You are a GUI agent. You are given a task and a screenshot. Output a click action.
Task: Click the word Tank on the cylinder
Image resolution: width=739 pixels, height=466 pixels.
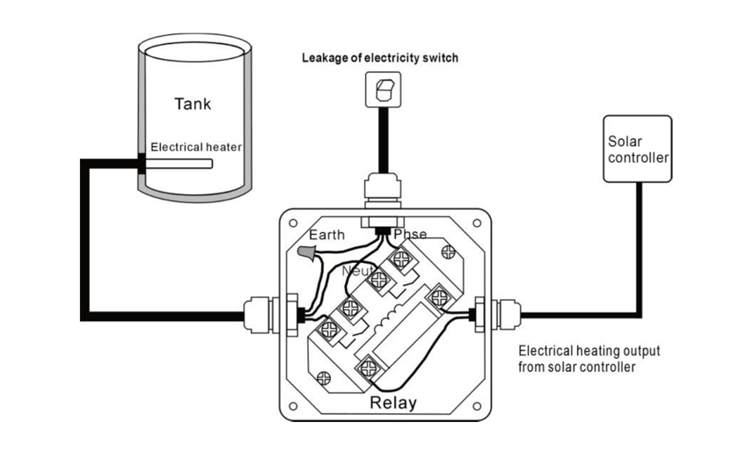[193, 104]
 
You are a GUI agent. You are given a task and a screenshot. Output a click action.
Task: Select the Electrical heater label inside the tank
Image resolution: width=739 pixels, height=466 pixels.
[195, 147]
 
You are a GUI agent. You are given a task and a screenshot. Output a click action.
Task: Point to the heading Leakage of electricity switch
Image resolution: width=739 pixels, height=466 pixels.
[380, 58]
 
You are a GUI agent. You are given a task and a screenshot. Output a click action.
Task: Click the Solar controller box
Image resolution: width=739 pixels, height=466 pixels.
[638, 149]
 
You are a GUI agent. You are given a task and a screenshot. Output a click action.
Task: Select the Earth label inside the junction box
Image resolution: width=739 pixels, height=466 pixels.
[327, 235]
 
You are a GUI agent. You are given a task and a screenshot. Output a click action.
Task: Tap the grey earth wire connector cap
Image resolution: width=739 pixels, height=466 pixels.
[307, 253]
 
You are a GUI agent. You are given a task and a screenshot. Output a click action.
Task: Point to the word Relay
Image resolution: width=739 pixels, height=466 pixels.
[392, 404]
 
